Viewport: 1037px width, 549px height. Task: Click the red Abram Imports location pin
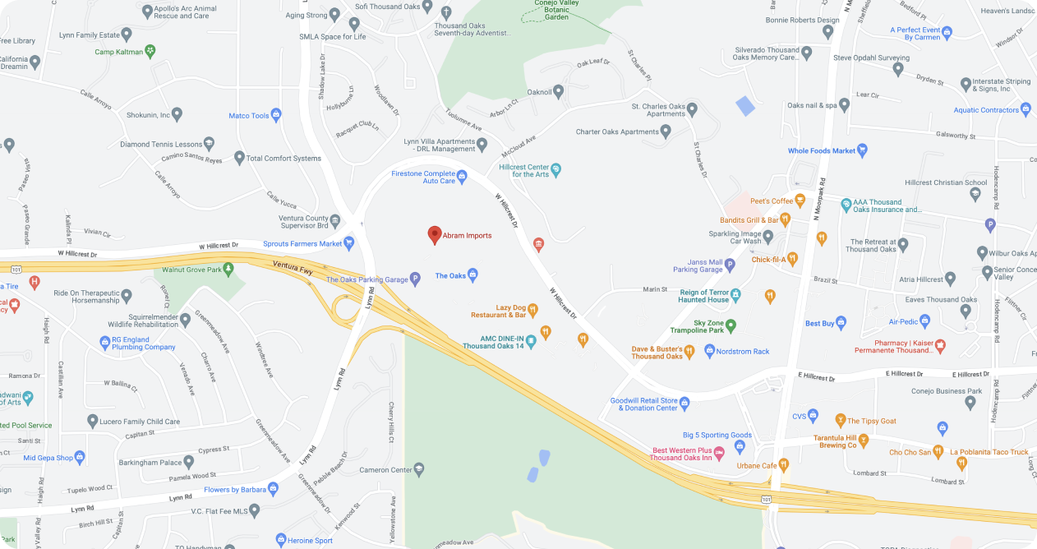(435, 235)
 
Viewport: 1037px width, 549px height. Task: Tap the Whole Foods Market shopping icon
(862, 150)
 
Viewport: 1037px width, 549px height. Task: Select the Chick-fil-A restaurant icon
(792, 260)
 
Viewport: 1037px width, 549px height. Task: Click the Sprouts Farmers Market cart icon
(349, 243)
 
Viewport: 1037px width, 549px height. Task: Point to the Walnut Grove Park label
(191, 269)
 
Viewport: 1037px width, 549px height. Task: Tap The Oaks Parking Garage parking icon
(415, 279)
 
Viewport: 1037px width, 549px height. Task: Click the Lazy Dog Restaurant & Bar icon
(532, 310)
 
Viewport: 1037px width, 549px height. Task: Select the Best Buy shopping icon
(841, 323)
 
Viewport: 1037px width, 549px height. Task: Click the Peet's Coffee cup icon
(800, 201)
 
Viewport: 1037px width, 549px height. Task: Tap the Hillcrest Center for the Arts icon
(556, 170)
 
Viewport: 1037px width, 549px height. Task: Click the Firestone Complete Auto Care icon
(462, 174)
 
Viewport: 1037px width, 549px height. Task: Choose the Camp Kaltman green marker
(150, 52)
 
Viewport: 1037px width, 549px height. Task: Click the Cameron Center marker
(419, 469)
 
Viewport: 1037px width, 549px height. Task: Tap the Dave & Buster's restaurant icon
(689, 352)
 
